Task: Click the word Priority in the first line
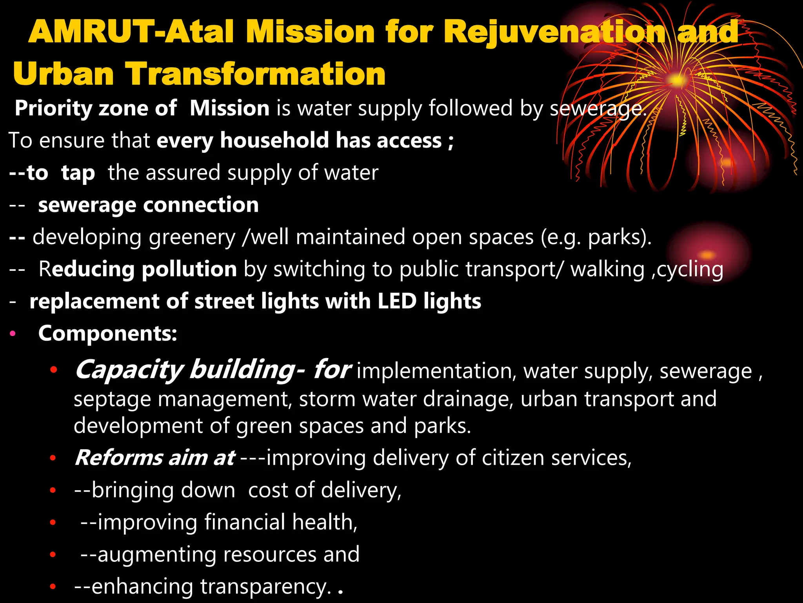[53, 109]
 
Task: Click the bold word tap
[78, 173]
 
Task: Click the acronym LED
[397, 301]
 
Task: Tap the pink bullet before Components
[13, 334]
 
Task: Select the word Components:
[108, 334]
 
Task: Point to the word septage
[112, 400]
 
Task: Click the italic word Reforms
[119, 458]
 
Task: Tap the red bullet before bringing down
[53, 490]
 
